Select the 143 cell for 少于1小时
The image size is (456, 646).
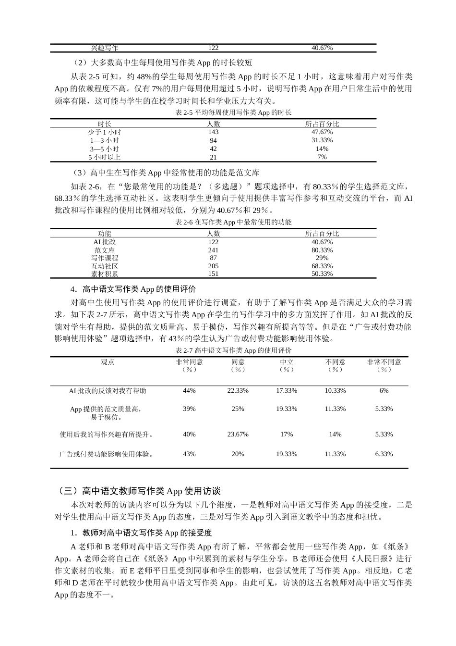click(x=213, y=132)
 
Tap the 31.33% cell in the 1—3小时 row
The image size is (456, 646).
click(x=322, y=140)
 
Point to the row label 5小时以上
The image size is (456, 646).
click(x=104, y=157)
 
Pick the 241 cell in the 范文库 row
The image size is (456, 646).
click(x=213, y=250)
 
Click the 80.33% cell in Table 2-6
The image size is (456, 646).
click(x=322, y=250)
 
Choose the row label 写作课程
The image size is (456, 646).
click(x=104, y=258)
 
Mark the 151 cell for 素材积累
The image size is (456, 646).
click(x=213, y=274)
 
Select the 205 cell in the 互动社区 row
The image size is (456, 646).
click(x=213, y=266)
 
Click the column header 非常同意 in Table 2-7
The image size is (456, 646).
click(x=189, y=365)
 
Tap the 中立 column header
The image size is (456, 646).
click(x=287, y=365)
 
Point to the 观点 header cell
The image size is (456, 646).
click(x=108, y=362)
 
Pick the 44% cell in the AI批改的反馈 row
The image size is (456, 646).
click(x=189, y=391)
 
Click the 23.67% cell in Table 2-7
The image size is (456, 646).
click(x=238, y=434)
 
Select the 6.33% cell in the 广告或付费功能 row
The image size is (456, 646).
click(x=384, y=454)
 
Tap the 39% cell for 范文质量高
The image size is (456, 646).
click(x=189, y=409)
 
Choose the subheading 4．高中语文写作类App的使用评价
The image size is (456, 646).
click(x=133, y=289)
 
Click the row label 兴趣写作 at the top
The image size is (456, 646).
click(x=104, y=48)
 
